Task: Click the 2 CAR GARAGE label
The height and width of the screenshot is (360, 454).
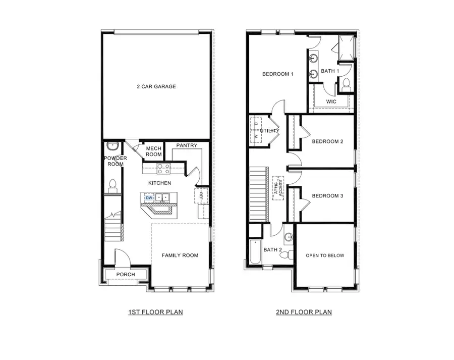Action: pyautogui.click(x=156, y=86)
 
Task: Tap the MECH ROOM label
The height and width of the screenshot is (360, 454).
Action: pyautogui.click(x=154, y=151)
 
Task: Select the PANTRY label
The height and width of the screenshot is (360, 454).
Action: pyautogui.click(x=186, y=146)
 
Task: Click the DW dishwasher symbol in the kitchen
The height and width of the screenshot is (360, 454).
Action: pyautogui.click(x=149, y=198)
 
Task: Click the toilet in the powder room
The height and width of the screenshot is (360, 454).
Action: pyautogui.click(x=112, y=185)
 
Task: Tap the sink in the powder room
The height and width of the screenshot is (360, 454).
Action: pyautogui.click(x=112, y=147)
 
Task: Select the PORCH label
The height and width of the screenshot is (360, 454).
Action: pyautogui.click(x=126, y=275)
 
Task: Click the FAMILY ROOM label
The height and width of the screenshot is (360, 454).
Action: pyautogui.click(x=180, y=255)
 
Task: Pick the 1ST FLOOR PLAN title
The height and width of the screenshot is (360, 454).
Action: pyautogui.click(x=155, y=312)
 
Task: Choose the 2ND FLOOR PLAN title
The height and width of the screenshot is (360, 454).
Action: pyautogui.click(x=304, y=312)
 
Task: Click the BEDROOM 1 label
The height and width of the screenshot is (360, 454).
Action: pyautogui.click(x=278, y=74)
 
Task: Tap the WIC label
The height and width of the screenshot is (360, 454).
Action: pyautogui.click(x=331, y=101)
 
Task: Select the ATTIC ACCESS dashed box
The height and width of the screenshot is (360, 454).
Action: pyautogui.click(x=277, y=188)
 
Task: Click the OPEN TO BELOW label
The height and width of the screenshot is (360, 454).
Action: pyautogui.click(x=325, y=255)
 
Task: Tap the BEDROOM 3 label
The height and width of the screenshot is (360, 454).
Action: pyautogui.click(x=327, y=196)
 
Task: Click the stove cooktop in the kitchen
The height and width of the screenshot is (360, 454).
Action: pyautogui.click(x=163, y=168)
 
